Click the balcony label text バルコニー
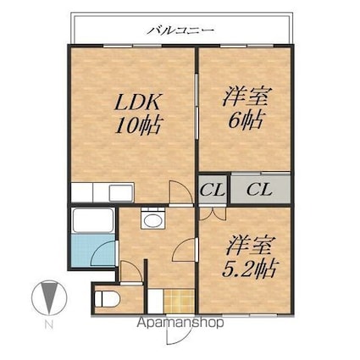[180, 30]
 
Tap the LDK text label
[138, 102]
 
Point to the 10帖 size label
[139, 125]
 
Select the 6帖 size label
[246, 119]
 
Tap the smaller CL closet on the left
[213, 190]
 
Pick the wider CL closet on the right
[260, 189]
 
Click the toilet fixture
[107, 298]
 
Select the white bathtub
[93, 220]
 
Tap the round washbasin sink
[152, 219]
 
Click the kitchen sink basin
[121, 193]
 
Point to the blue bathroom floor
[93, 250]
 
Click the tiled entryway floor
[180, 301]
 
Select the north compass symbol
[49, 297]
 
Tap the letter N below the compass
[49, 325]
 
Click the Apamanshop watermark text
[180, 323]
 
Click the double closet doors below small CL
[213, 213]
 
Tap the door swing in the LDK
[180, 191]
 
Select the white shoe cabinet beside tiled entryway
[156, 301]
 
